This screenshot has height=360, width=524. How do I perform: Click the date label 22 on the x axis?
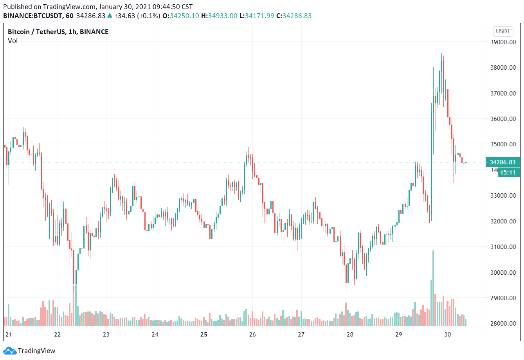(x=58, y=335)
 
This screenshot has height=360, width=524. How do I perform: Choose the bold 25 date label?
(x=203, y=335)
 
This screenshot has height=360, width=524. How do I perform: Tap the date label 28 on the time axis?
(x=350, y=335)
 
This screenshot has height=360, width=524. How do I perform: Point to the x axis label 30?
(x=448, y=335)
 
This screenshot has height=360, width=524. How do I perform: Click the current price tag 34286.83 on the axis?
(x=502, y=162)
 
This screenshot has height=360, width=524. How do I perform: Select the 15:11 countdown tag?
(x=508, y=173)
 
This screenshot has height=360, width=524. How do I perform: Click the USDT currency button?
(x=503, y=31)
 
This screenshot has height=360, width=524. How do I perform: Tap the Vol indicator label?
(x=13, y=41)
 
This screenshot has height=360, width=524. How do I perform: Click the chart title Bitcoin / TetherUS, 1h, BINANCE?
(x=58, y=32)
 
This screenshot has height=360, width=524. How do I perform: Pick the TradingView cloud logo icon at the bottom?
(x=10, y=351)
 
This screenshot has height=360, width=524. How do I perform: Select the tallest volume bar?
(x=433, y=288)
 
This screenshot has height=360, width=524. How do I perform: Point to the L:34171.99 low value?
(x=257, y=16)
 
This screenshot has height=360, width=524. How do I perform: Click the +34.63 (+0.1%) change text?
(x=137, y=16)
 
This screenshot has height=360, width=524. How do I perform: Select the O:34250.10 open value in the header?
(x=181, y=16)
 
